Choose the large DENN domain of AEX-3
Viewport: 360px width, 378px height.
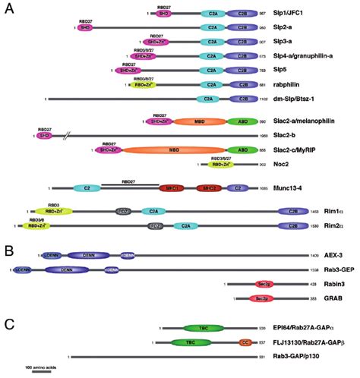click(x=82, y=257)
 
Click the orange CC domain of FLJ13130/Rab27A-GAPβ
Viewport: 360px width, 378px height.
click(x=245, y=342)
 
